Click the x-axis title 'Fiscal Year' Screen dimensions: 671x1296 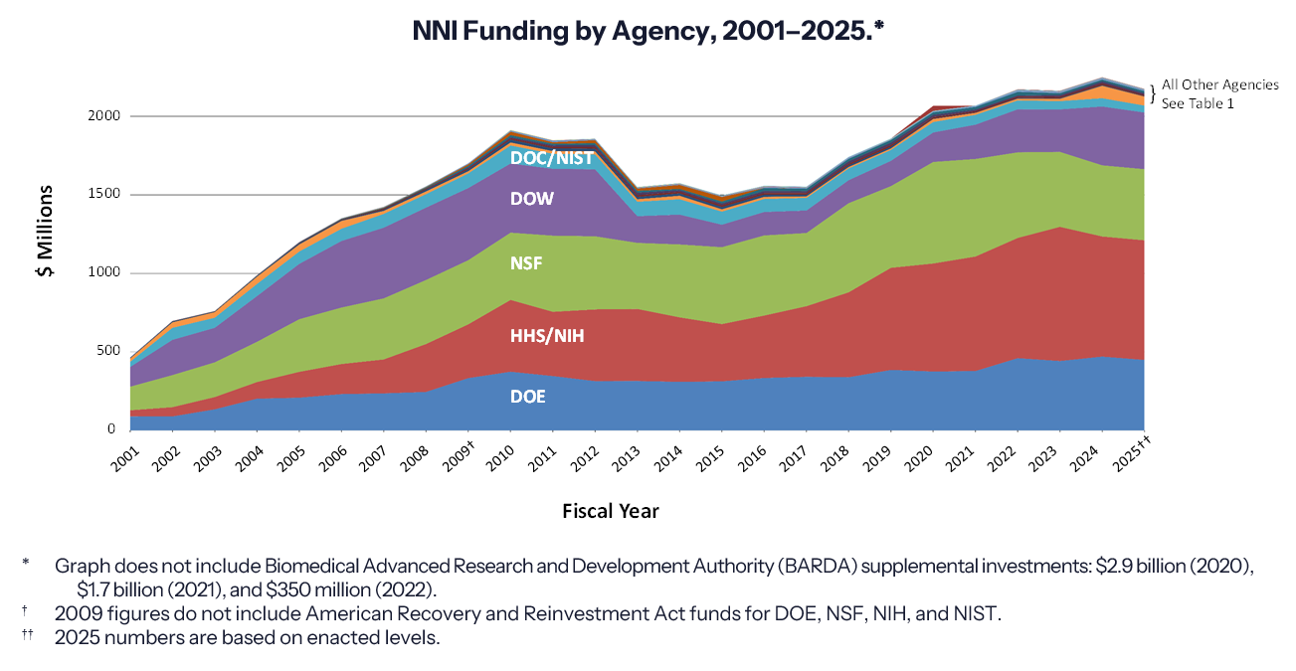610,511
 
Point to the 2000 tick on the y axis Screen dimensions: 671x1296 104,116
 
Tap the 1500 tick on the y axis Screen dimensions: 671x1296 104,195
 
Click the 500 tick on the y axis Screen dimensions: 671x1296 107,351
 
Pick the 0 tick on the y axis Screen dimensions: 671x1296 113,429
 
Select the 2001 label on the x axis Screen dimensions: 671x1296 124,455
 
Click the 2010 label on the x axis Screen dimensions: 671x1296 504,455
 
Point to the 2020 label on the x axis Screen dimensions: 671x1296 927,455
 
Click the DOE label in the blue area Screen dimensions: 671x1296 527,396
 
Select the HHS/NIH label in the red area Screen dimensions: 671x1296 547,336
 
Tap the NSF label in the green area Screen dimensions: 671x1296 526,264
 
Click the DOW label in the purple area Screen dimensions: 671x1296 531,199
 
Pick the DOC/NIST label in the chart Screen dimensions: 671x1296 551,158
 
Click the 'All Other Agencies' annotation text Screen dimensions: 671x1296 1219,85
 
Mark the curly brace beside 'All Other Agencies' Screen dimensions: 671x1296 1152,94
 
